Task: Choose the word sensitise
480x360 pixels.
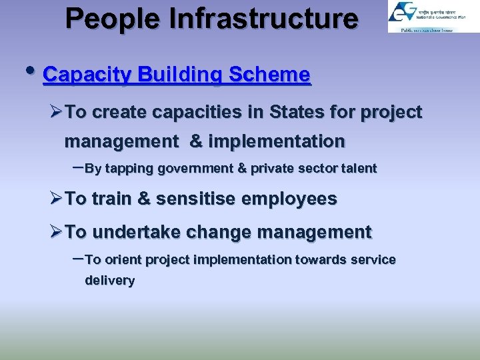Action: coord(201,199)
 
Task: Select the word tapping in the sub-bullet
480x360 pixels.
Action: coord(129,169)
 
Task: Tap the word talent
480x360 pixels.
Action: coord(359,169)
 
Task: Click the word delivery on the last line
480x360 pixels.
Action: coord(109,281)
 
